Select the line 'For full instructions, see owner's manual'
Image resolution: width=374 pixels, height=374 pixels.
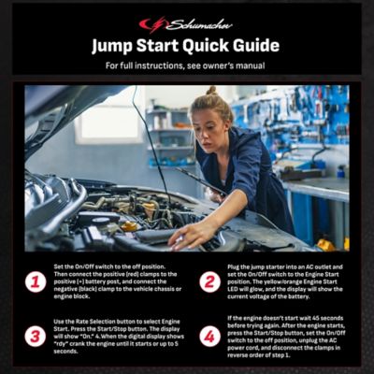tap(186, 66)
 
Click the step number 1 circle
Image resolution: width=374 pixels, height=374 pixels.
tap(36, 281)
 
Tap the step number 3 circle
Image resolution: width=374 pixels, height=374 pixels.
tap(36, 336)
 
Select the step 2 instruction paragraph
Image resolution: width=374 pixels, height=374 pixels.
tap(285, 281)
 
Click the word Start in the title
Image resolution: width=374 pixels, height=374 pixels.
tap(162, 46)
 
